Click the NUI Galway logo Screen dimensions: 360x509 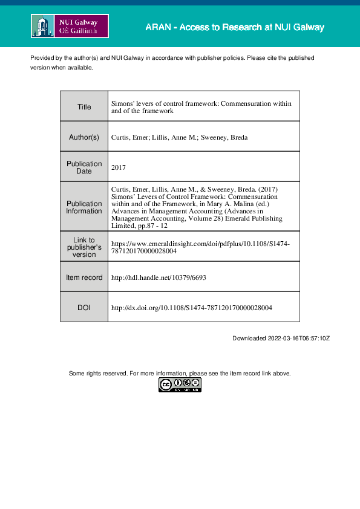click(70, 27)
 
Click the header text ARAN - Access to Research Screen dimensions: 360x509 click(235, 27)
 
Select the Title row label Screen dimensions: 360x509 click(84, 107)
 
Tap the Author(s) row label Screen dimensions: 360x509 click(84, 137)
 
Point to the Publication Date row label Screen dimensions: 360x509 click(84, 167)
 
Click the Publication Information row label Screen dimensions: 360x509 click(84, 207)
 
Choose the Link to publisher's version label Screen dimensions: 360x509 click(84, 247)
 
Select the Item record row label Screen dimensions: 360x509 click(84, 277)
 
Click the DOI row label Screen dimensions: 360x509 click(84, 308)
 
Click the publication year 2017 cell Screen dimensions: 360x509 click(119, 167)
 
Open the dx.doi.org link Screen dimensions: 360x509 click(192, 308)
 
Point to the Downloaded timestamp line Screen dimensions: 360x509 click(281, 339)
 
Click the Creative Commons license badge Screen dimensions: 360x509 click(180, 384)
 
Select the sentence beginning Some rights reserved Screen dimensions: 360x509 click(180, 374)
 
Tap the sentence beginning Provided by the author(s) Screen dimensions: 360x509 click(172, 57)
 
